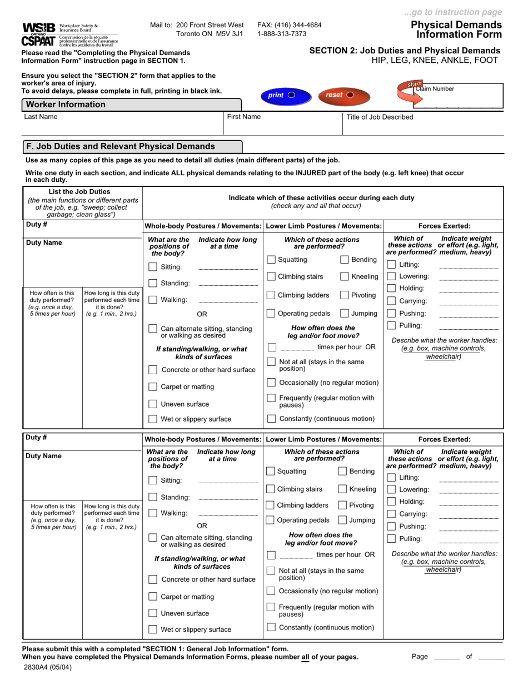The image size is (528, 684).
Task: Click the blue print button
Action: pos(281,95)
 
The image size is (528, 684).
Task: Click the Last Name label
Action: pos(41,117)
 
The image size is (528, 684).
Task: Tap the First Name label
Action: pos(244,117)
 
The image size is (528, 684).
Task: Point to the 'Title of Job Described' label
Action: pos(380,117)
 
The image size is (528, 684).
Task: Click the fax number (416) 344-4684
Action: pos(289,25)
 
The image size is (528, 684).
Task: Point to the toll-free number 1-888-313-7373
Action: pos(282,33)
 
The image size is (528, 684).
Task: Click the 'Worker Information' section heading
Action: pos(66,105)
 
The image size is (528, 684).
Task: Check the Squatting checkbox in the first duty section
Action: pos(271,260)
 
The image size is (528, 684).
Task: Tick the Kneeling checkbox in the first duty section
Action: pos(345,276)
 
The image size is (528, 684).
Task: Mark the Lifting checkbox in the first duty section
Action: pos(391,265)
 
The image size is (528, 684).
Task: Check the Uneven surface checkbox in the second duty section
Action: pos(153,613)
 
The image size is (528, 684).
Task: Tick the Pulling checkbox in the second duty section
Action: pos(391,539)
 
